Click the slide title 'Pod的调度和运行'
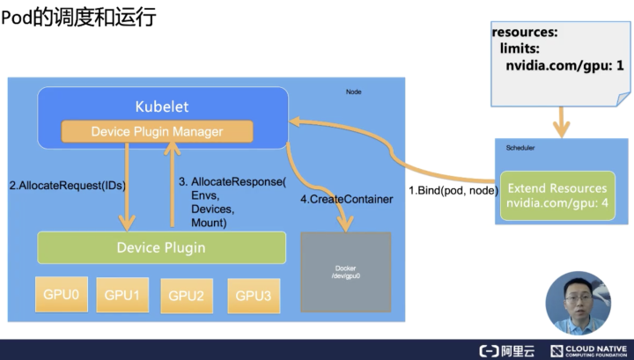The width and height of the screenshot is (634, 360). [79, 17]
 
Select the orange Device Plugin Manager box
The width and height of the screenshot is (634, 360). [157, 132]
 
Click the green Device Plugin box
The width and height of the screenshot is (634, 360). [161, 247]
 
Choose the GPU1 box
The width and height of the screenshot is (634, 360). [122, 295]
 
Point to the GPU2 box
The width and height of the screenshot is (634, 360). [187, 297]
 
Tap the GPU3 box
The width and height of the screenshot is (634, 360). [254, 296]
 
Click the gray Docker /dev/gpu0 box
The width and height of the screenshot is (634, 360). [345, 272]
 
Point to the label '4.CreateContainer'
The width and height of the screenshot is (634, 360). [346, 200]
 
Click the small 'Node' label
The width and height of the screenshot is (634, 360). [353, 92]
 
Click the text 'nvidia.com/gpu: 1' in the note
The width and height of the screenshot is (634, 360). [564, 65]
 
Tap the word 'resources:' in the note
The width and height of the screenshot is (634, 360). [525, 33]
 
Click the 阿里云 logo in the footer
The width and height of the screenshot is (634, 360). [506, 350]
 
